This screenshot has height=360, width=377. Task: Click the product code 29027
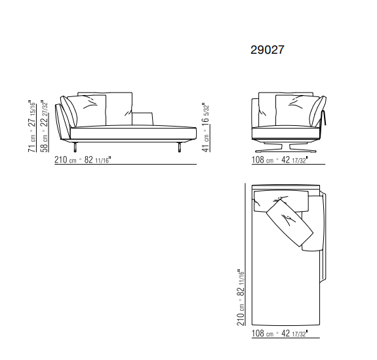point(268,50)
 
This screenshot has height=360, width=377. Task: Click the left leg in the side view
point(75,147)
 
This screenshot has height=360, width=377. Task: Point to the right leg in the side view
point(180,147)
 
